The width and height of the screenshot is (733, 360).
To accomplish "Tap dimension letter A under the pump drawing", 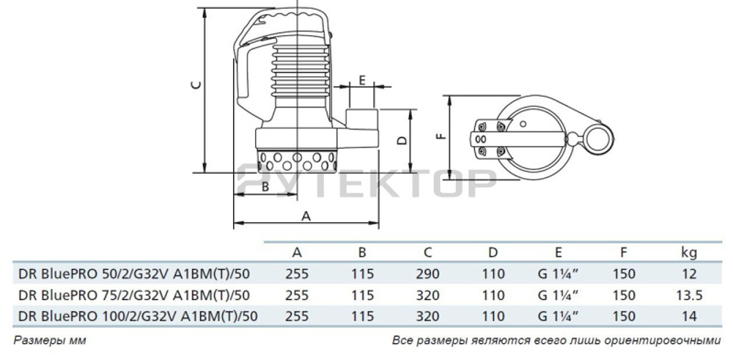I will (x=306, y=216).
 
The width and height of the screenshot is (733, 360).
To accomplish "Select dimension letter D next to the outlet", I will (x=401, y=140).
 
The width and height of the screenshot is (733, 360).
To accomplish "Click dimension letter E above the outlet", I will (x=362, y=80).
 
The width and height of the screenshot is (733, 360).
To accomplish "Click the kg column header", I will (x=688, y=253).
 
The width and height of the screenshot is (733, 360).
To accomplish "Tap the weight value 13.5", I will (x=688, y=295).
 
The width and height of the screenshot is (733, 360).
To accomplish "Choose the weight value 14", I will (x=688, y=316).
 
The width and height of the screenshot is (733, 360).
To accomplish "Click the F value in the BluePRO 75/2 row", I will (x=624, y=295).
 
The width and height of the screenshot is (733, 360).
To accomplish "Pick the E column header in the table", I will (x=559, y=253).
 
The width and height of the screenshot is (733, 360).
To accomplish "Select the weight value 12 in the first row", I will (x=688, y=274).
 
